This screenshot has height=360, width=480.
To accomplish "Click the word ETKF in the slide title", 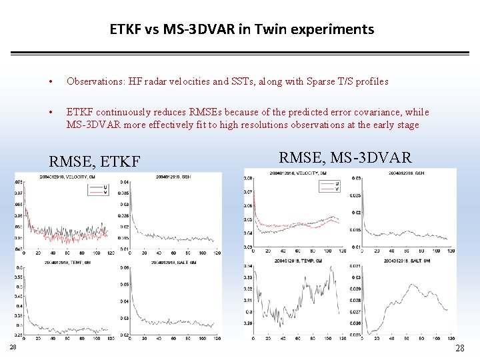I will [x=125, y=29].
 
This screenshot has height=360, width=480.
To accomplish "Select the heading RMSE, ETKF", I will [x=95, y=161].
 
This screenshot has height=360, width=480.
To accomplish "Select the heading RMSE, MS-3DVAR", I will [x=345, y=157].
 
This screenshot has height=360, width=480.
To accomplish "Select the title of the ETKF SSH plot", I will [x=174, y=177].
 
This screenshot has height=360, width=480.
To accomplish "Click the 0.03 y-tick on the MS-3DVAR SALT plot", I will [x=357, y=277].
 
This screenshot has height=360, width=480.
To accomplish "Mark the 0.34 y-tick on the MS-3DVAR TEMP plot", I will [x=248, y=266].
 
